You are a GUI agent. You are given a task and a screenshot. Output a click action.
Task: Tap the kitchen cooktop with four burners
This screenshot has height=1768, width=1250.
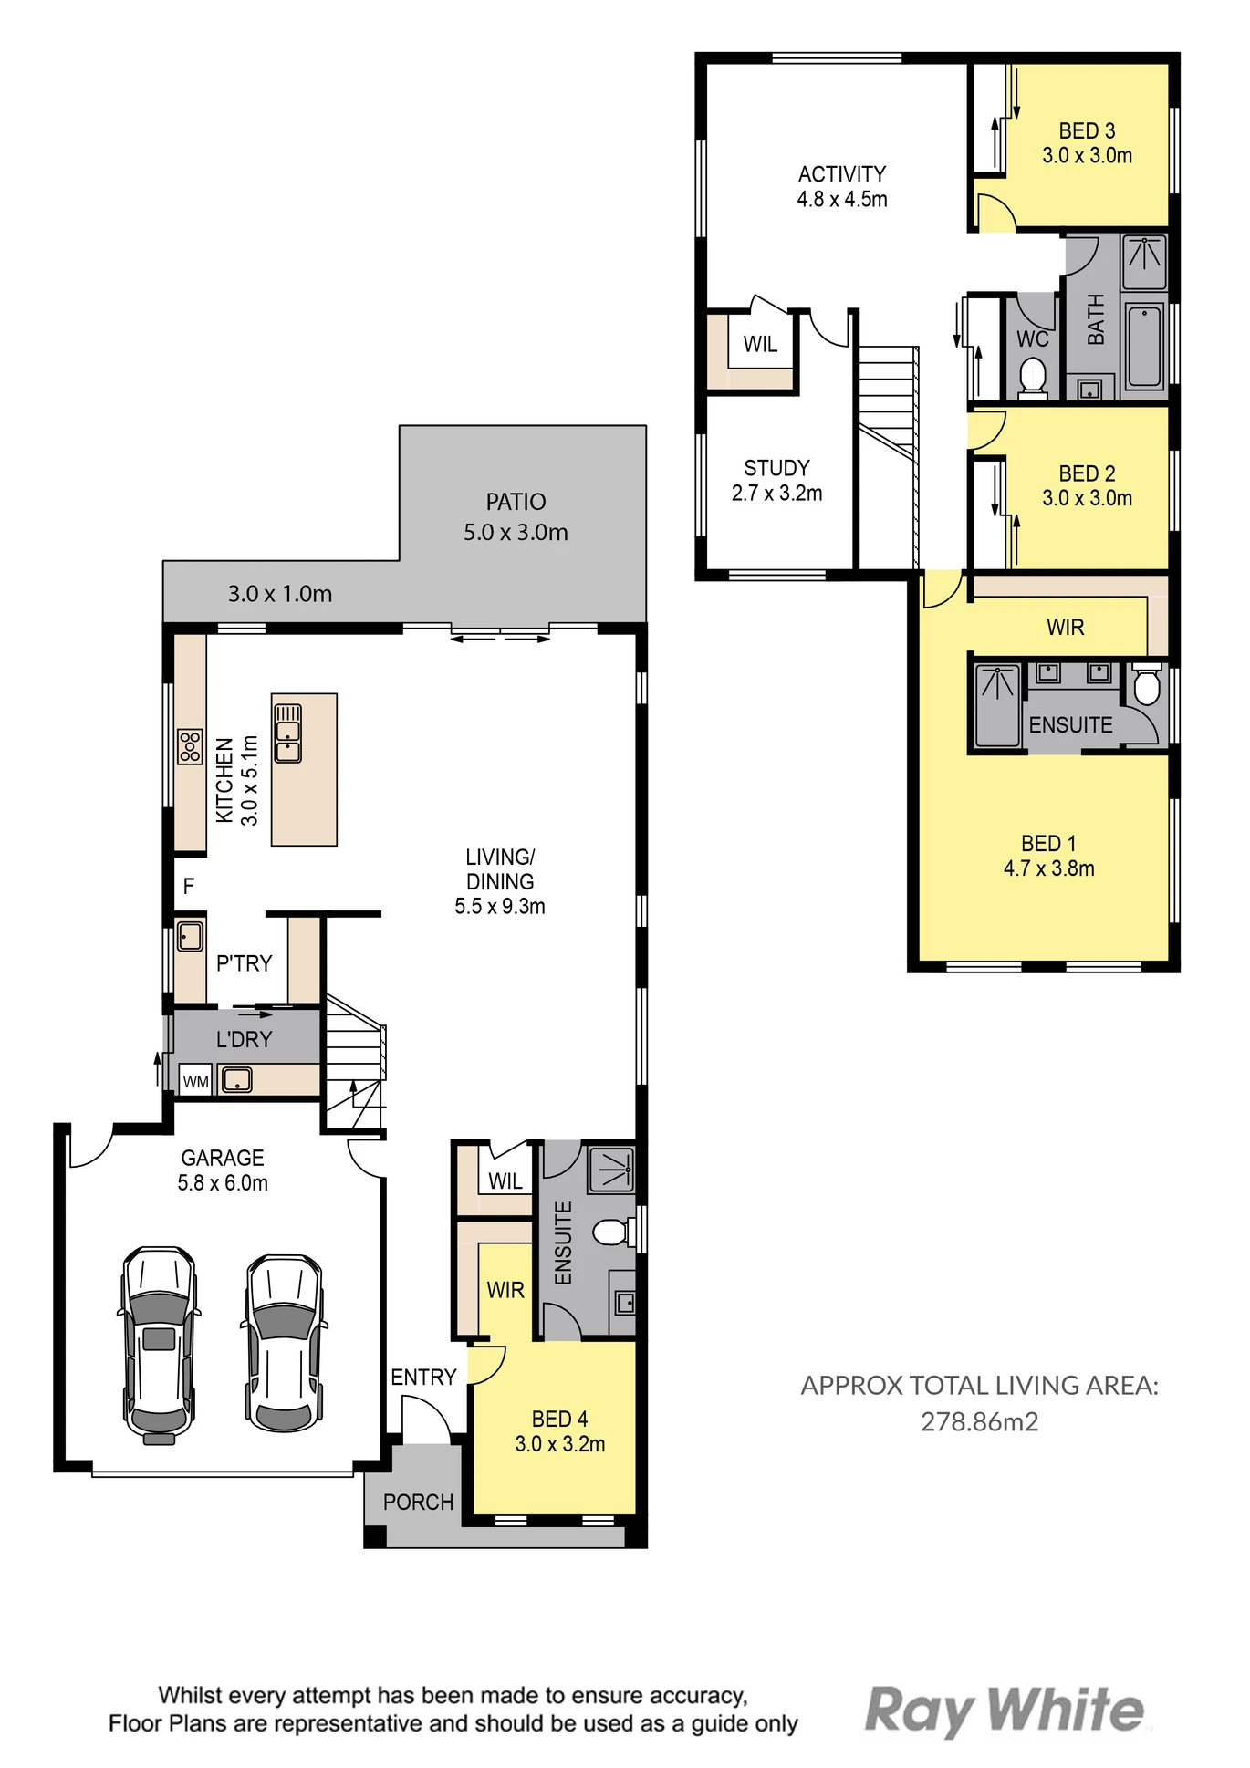coord(190,746)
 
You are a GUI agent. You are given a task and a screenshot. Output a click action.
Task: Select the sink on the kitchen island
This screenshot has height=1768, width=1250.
coord(288,733)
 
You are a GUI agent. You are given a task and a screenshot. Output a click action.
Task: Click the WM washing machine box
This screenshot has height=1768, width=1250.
coord(195,1081)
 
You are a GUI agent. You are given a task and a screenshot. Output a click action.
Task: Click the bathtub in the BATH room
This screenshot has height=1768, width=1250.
coord(1144,347)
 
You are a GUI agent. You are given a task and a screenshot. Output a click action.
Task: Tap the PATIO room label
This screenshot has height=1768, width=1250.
coord(516,502)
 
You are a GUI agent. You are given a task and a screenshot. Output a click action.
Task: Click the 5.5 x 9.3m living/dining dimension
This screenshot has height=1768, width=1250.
coord(500,906)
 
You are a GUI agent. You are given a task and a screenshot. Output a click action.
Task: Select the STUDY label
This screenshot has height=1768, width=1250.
coord(776,468)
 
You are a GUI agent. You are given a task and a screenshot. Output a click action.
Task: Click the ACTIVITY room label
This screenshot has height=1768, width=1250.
coord(842,173)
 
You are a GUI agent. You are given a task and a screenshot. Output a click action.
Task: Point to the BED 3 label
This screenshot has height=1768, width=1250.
coord(1087,130)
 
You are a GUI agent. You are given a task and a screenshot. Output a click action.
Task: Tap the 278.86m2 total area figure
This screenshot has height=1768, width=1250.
coord(979,1421)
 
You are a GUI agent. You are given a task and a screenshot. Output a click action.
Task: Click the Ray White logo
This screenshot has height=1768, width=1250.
coord(1004,1710)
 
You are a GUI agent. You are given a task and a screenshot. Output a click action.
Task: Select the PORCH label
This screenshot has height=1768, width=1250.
coord(418,1502)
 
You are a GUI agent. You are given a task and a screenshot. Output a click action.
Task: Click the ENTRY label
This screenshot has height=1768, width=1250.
coord(423,1377)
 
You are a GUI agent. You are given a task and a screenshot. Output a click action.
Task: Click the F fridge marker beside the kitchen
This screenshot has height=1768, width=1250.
coord(188,886)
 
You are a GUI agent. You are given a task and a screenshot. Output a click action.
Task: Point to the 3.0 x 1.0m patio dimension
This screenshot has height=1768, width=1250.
coord(280,594)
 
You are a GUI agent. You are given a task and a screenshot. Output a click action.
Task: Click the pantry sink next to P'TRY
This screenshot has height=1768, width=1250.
coord(190,937)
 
